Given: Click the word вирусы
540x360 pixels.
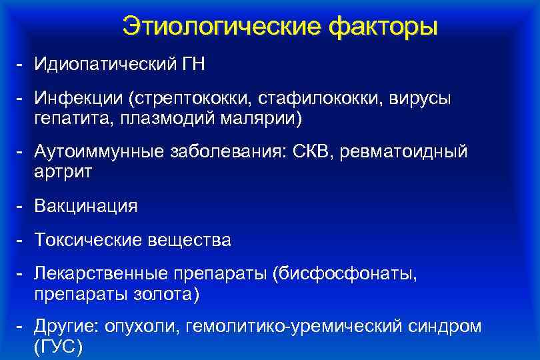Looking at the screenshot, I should click(421, 99).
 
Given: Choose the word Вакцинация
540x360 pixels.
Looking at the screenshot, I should click(86, 206).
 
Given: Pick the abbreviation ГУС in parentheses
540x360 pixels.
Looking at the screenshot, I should click(57, 347).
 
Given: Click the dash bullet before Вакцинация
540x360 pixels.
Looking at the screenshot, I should click(21, 206).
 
